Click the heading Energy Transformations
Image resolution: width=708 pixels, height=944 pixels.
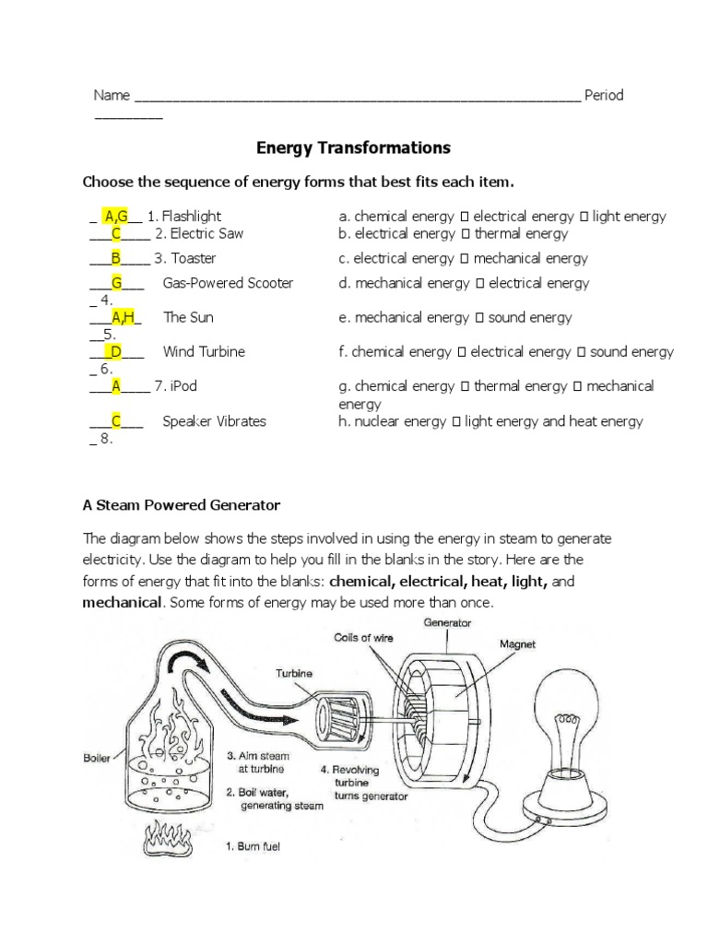click(353, 147)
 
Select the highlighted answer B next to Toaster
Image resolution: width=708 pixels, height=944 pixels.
click(117, 258)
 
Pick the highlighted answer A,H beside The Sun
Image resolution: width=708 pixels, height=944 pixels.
click(124, 317)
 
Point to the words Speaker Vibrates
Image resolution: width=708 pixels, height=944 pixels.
click(214, 421)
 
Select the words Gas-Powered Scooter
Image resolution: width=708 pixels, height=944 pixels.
click(228, 283)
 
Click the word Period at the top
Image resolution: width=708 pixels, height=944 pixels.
click(604, 95)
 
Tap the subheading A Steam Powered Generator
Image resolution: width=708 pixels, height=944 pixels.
click(182, 505)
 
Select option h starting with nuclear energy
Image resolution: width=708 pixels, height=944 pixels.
click(490, 421)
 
